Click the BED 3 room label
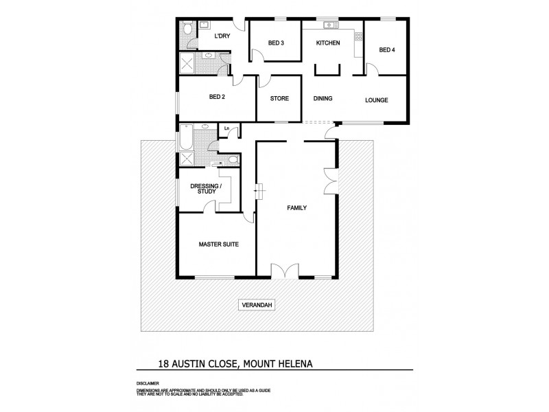tap(276, 43)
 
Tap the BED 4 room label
tap(387, 49)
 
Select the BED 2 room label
tap(217, 98)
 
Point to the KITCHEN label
tap(327, 43)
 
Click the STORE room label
tap(279, 99)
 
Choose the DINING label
tap(323, 99)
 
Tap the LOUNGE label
tap(376, 100)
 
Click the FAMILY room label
tap(296, 207)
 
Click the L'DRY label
tap(222, 36)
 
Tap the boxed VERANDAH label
tap(257, 306)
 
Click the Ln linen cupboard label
tap(226, 128)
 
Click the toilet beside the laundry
tap(187, 30)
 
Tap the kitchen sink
tap(331, 26)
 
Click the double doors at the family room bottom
tap(285, 271)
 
